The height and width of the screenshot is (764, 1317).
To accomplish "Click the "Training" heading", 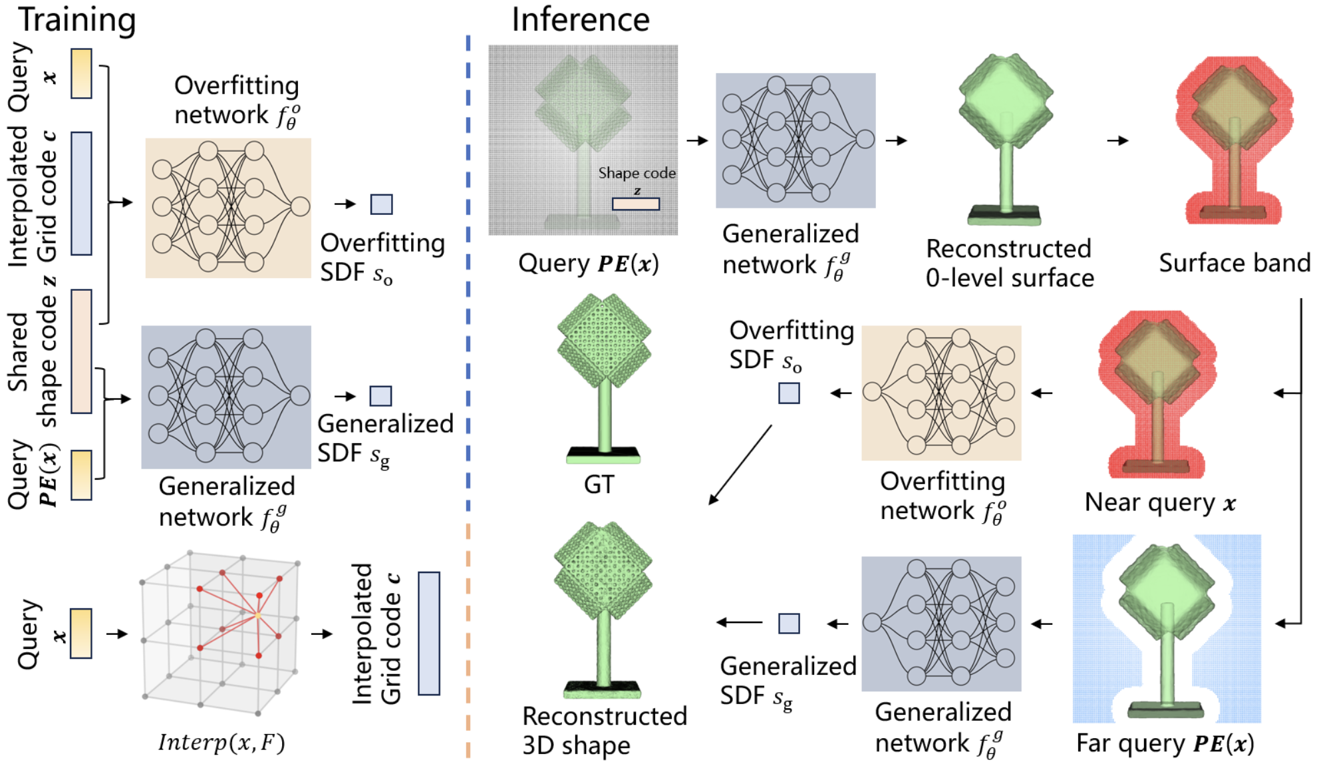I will [x=77, y=19].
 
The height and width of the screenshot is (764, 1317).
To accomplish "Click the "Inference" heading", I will [x=580, y=19].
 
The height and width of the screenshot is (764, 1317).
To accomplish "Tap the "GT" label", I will [x=599, y=484].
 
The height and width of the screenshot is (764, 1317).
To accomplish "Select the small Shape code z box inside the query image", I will [x=636, y=204].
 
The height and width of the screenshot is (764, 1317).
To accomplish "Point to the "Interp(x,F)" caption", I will [x=221, y=742].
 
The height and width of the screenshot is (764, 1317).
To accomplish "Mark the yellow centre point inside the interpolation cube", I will [x=257, y=616].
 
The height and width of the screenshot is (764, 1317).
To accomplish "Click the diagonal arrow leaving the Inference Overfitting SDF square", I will [x=740, y=465].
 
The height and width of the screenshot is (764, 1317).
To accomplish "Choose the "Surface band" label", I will [x=1234, y=263].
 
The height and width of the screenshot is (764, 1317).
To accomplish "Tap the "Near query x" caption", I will [x=1159, y=502].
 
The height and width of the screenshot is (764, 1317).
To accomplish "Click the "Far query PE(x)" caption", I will [x=1165, y=743].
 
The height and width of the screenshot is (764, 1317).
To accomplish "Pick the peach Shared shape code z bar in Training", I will [x=81, y=351].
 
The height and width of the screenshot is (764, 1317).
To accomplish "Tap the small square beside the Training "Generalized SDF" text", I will [x=380, y=396].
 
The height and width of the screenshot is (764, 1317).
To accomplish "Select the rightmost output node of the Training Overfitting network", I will [x=301, y=206].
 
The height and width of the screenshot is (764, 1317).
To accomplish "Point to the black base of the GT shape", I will [x=603, y=452].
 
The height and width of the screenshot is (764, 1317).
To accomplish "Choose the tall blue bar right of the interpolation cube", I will [x=429, y=634].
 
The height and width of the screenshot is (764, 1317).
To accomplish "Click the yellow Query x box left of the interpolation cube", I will [x=81, y=634].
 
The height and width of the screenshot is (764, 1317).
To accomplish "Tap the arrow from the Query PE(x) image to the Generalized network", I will [x=696, y=140].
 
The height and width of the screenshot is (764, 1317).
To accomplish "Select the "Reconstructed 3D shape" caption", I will [x=604, y=731].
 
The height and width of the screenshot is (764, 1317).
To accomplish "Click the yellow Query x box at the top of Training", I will [x=81, y=73].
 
